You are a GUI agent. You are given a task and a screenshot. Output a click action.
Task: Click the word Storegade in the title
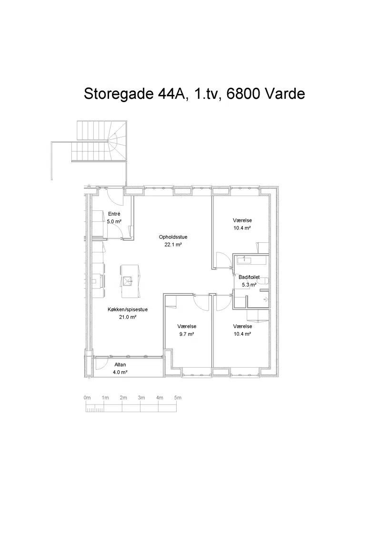118,94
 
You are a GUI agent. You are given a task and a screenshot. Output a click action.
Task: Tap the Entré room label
114,214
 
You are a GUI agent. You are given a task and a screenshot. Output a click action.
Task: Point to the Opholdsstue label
173,237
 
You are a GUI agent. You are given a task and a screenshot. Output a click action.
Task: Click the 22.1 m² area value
173,245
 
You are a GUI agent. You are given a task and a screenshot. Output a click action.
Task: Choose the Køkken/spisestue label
128,310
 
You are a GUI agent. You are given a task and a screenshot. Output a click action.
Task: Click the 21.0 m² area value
128,317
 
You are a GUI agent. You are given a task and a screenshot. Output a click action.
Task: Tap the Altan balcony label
120,365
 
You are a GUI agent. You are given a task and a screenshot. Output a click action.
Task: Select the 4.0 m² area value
120,372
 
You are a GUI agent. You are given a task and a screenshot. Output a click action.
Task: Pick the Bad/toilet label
249,277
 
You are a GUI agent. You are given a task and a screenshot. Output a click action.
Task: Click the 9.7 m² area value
187,334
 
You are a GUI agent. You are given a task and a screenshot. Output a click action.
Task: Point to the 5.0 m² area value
114,221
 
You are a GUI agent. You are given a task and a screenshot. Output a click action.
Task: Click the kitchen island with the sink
130,281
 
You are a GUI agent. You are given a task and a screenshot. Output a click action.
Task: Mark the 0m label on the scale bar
87,398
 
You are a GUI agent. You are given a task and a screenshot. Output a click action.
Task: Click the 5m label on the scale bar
178,398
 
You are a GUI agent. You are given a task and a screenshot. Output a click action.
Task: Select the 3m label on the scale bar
141,398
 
